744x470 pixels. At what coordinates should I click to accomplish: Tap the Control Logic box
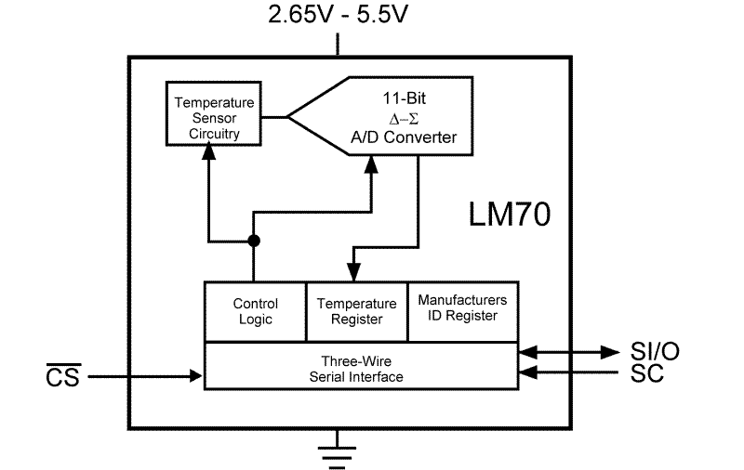point(255,311)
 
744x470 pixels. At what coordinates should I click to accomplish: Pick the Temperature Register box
point(356,311)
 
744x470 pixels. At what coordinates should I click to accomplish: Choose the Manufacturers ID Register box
point(462,308)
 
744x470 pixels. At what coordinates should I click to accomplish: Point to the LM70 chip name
point(509,215)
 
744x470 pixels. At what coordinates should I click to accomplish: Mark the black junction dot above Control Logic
point(254,241)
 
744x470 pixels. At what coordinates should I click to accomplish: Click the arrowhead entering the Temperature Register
point(352,273)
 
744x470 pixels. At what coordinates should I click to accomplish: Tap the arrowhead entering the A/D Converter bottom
point(371,163)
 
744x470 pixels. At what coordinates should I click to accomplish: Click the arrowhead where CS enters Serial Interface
point(197,376)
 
